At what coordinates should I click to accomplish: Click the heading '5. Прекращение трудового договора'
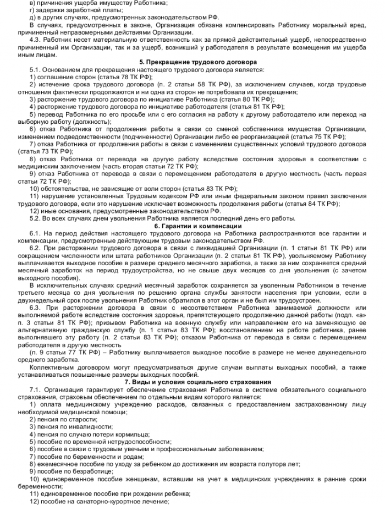point(192,63)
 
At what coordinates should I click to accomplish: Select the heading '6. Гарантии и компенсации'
point(192,226)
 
